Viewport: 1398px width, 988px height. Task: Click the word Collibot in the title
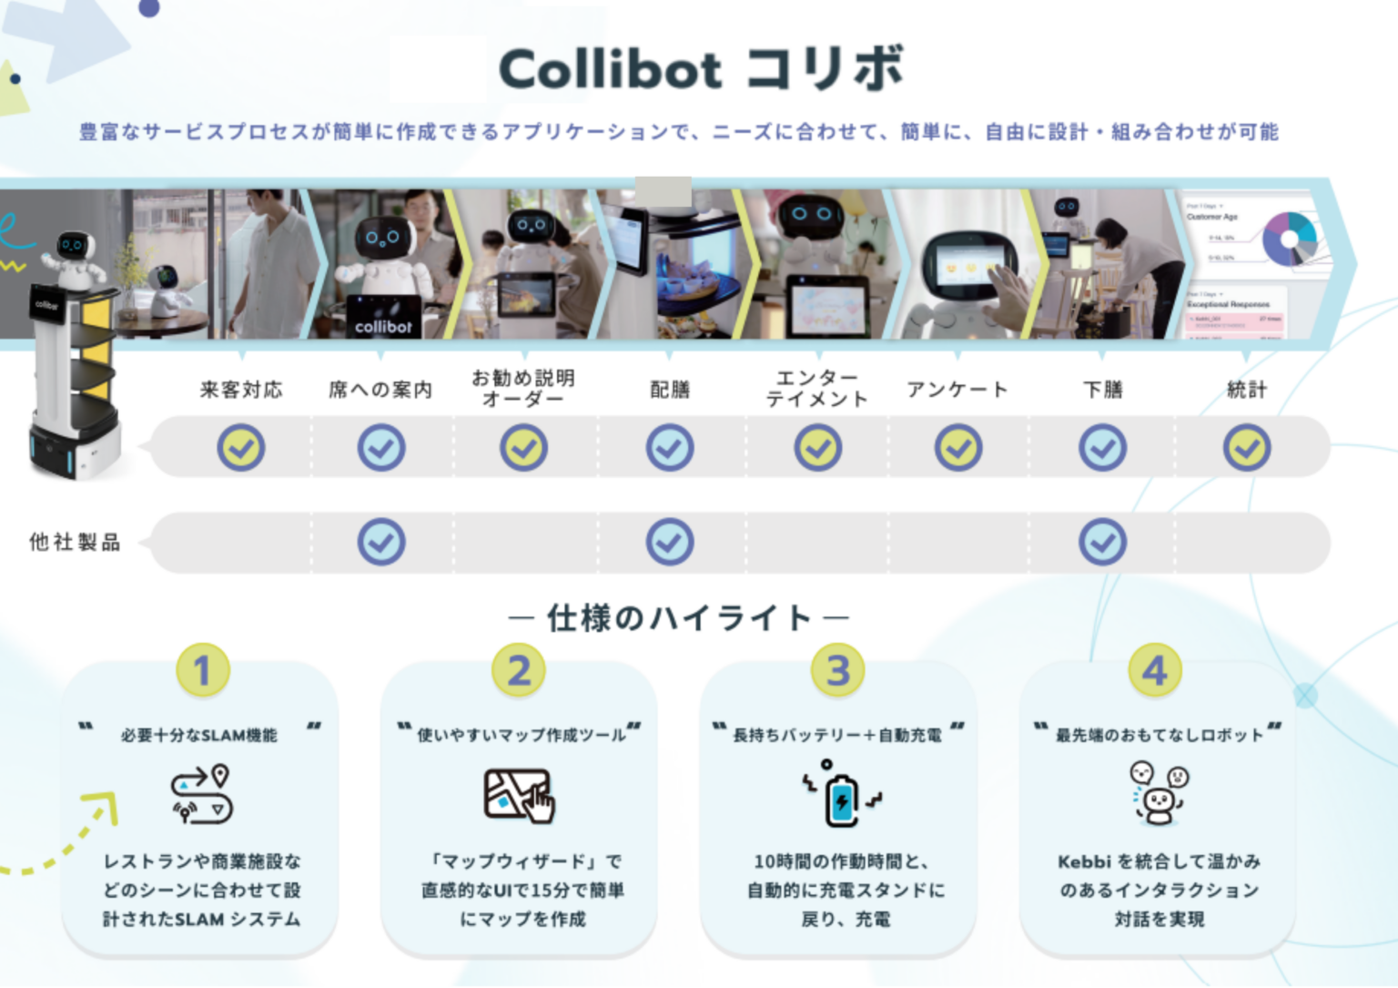coord(610,70)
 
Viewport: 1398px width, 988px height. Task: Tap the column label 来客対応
coord(241,390)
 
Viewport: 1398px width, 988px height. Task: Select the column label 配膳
coord(670,390)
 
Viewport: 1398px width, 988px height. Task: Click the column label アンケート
coord(957,390)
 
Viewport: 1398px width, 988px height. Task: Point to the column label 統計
coord(1246,390)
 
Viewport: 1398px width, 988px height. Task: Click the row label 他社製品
coord(75,543)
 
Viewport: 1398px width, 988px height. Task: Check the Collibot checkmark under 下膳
coord(1102,448)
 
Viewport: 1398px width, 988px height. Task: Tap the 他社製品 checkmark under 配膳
coord(670,543)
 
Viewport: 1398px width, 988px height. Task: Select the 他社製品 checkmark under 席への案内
coord(381,543)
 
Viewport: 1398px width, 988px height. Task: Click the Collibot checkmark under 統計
coord(1246,448)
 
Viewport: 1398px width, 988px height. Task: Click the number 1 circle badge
coord(202,671)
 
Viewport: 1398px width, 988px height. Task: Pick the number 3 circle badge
coord(837,671)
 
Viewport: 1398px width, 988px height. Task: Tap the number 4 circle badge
coord(1155,671)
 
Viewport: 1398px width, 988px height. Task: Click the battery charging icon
coord(841,795)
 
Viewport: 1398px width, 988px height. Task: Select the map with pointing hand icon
coord(519,795)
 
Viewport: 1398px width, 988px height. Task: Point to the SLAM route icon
coord(201,795)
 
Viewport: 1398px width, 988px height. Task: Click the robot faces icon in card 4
coord(1158,793)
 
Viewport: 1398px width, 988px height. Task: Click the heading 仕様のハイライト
coord(679,618)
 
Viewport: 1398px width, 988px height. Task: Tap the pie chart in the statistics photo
coord(1289,239)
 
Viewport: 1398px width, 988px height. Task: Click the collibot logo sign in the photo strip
coord(383,326)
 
